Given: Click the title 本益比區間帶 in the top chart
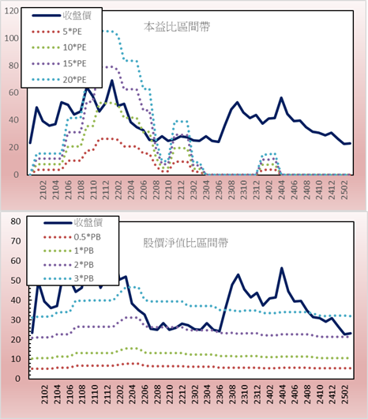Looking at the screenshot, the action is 177,27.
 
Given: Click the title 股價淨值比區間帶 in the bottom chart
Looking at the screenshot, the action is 186,243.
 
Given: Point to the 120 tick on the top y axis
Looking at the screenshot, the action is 12,11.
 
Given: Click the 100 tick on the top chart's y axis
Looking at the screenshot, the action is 12,38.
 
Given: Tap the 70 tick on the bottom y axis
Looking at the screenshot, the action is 16,241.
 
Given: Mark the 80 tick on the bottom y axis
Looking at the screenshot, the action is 16,221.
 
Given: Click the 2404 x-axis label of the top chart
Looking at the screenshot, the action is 282,190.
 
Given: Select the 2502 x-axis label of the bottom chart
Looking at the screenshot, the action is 345,394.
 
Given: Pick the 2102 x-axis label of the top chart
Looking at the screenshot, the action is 43,190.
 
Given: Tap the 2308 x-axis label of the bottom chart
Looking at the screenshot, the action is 232,394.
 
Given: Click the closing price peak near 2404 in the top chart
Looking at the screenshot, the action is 281,98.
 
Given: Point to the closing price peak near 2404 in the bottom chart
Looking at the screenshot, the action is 282,268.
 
